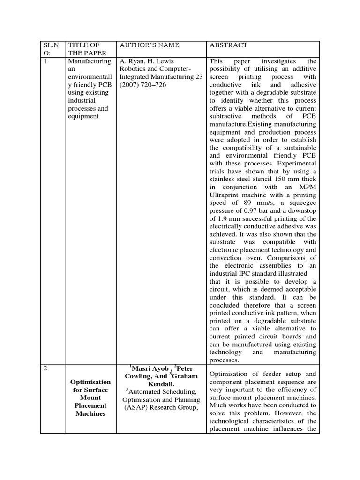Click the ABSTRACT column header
[x=228, y=45]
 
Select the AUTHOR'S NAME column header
[x=150, y=45]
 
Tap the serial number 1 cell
[x=45, y=61]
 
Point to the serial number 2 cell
[x=45, y=368]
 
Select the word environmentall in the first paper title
[x=90, y=77]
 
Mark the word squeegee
[x=300, y=202]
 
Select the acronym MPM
[x=306, y=187]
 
